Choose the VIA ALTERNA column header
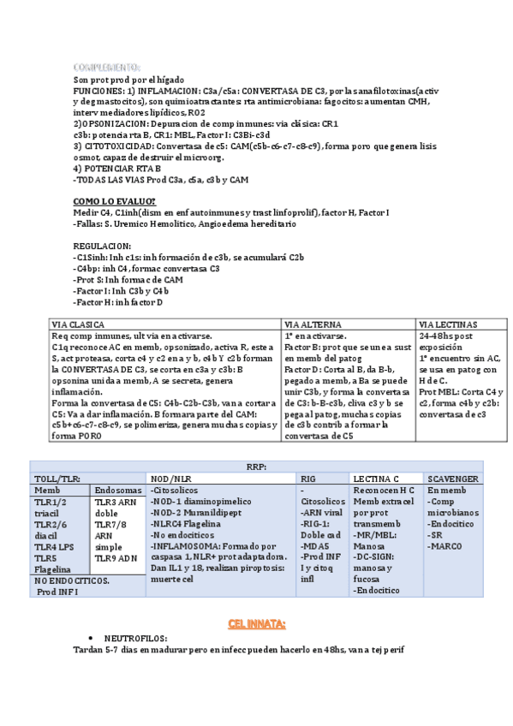[313, 325]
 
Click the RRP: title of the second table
[256, 466]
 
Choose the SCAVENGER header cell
[454, 478]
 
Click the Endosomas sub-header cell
[117, 490]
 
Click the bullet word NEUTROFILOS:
[135, 639]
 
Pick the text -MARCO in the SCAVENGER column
[445, 545]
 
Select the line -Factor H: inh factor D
[118, 302]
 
